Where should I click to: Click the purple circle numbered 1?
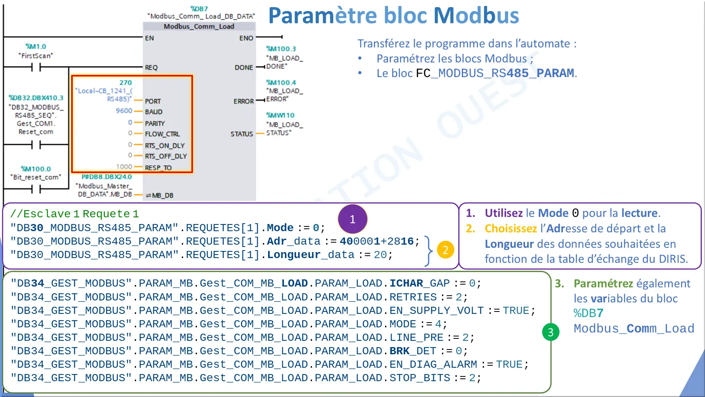[353, 219]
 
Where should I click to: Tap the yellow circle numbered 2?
[445, 250]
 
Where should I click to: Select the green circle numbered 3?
[551, 332]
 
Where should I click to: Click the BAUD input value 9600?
[124, 111]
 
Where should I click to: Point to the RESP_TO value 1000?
[124, 167]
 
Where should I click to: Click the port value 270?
[126, 82]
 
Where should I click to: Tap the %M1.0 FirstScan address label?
[36, 46]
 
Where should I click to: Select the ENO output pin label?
[246, 38]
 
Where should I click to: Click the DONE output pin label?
[244, 67]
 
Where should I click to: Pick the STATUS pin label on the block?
[242, 134]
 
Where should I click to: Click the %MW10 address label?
[280, 115]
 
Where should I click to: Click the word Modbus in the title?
[476, 15]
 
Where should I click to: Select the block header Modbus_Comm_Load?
[199, 26]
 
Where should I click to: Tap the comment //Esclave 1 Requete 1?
[75, 214]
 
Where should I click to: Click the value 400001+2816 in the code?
[376, 241]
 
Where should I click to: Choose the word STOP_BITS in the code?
[420, 378]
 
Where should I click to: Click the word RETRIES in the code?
[413, 297]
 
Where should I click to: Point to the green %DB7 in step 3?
[588, 313]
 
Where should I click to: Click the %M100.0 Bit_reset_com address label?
[36, 169]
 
